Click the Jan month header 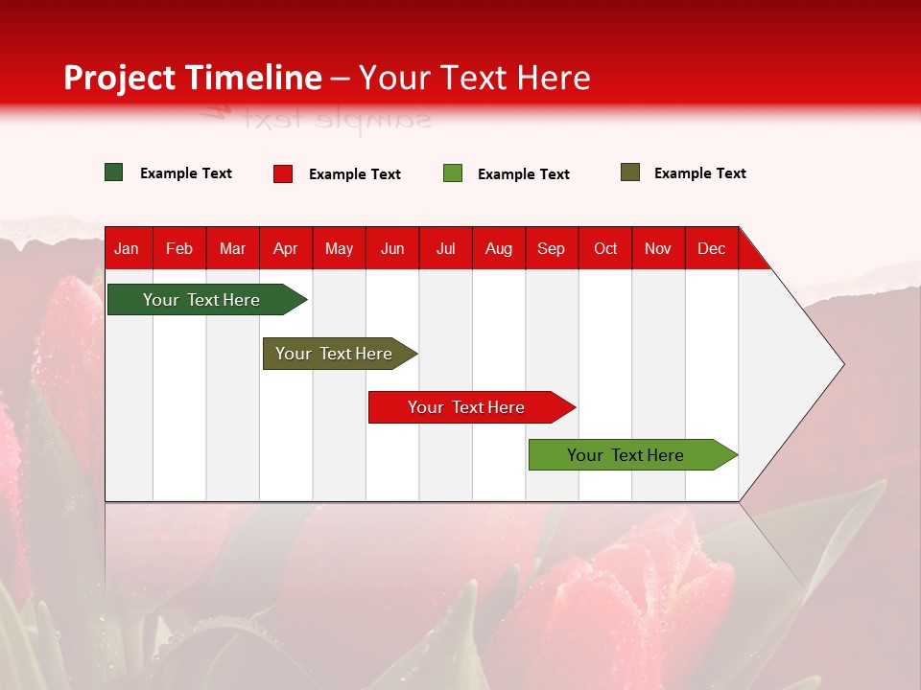[127, 248]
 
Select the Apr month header [286, 248]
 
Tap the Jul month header [445, 248]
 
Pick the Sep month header [551, 248]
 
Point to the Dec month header [711, 248]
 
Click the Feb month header [179, 248]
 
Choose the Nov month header [658, 248]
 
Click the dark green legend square [114, 172]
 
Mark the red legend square [283, 173]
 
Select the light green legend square [453, 173]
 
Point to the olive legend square [630, 172]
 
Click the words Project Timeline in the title [192, 78]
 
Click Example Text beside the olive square [699, 173]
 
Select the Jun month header [392, 248]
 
